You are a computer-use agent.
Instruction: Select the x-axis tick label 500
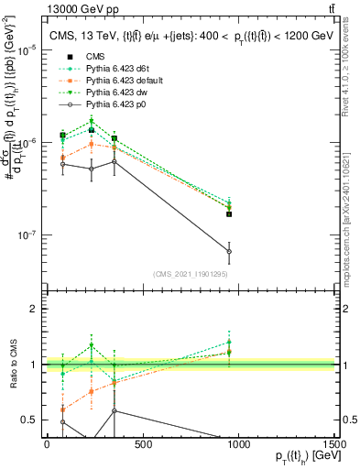point(142,445)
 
